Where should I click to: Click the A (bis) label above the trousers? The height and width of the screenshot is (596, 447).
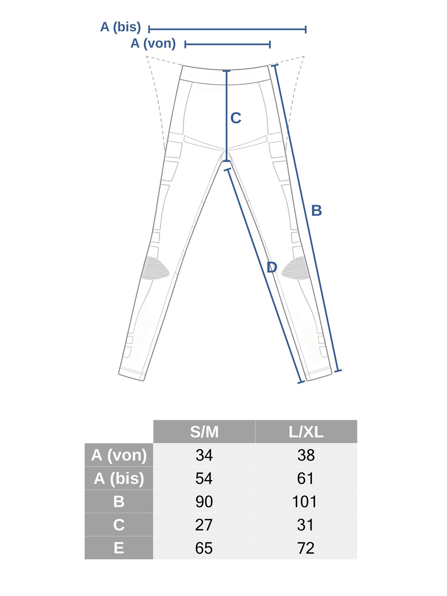[120, 27]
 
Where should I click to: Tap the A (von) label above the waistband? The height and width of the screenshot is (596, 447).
[153, 43]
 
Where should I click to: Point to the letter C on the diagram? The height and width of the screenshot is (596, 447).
[236, 118]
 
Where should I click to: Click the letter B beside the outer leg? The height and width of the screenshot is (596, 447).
[316, 210]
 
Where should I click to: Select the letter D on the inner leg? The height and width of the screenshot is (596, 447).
[272, 267]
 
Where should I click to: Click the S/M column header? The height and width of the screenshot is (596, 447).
[204, 432]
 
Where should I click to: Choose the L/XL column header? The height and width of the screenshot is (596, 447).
[306, 432]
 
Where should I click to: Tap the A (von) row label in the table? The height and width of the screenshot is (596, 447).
[119, 455]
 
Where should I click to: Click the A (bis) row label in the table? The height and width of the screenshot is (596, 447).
[119, 478]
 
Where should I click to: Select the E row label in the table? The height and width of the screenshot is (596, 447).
[119, 548]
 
